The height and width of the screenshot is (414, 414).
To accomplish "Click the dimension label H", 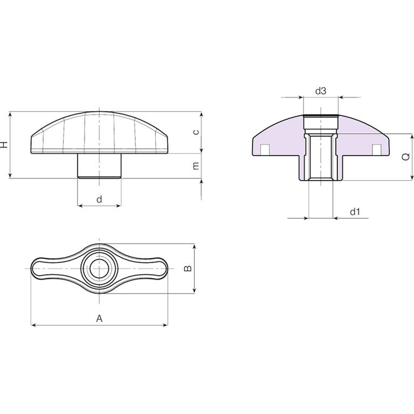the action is [4, 144].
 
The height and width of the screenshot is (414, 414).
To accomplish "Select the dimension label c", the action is [196, 132].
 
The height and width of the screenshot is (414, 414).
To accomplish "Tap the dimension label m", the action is [196, 166].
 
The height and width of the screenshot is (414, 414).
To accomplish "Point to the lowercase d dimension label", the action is [99, 199].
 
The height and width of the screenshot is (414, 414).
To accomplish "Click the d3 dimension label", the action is [321, 91].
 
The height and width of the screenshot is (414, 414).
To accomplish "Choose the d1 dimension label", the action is [355, 211].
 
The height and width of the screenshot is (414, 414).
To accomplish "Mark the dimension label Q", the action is [406, 157].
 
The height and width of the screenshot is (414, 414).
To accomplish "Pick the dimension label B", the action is [188, 268].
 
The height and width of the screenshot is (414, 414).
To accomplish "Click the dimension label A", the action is [99, 319].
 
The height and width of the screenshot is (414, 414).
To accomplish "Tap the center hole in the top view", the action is [99, 268].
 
